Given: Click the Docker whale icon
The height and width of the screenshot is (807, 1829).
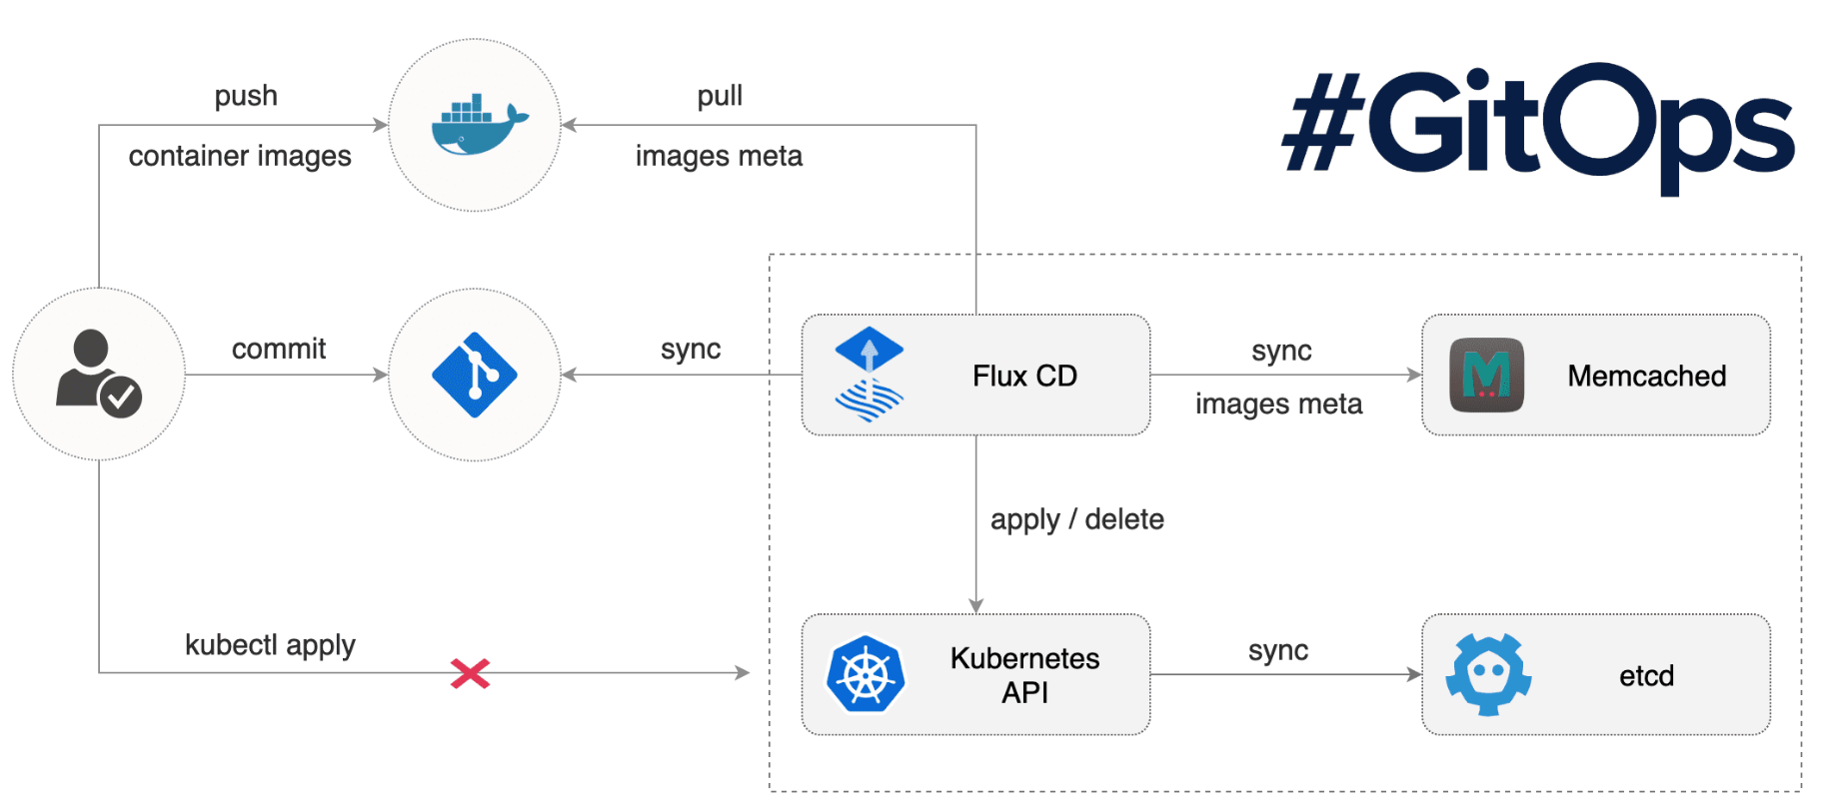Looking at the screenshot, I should [478, 125].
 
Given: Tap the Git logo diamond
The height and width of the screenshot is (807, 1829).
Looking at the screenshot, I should [475, 375].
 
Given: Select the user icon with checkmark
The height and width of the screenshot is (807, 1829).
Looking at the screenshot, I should [98, 373].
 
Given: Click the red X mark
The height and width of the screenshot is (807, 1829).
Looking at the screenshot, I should [470, 673].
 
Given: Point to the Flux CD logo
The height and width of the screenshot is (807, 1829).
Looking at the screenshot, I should [869, 375].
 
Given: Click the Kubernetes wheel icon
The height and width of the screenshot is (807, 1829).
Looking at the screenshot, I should [866, 675].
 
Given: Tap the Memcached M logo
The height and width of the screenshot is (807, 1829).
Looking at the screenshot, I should [1486, 376].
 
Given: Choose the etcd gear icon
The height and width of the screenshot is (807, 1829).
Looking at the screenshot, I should [1488, 674].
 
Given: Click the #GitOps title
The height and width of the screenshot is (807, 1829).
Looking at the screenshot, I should [1538, 127].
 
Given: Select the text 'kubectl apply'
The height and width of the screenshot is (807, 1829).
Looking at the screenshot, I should [270, 645].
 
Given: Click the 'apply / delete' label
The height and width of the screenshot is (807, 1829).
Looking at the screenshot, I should [1076, 519].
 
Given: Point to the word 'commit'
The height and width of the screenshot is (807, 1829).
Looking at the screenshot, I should [279, 349].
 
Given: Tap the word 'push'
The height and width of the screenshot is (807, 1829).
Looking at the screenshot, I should [246, 96].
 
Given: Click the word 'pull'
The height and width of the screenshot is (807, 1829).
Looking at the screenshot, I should [720, 96].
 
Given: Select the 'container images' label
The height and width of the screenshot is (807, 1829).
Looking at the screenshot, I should [240, 156].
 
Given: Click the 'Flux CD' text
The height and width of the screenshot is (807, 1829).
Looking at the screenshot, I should [1024, 376].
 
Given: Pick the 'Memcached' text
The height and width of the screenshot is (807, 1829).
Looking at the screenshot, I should [1646, 376].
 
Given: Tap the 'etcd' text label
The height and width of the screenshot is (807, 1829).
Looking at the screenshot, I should [1646, 676].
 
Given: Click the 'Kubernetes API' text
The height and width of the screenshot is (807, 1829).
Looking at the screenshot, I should [1024, 675].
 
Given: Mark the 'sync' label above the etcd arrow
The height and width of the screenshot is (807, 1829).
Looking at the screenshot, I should [1277, 650].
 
